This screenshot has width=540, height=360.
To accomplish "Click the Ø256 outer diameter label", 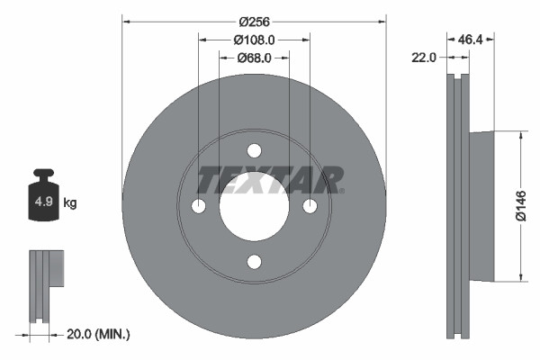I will [254, 21].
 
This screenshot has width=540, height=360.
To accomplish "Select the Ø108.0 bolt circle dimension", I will [254, 40].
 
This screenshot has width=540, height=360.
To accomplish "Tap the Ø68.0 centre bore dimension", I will [254, 58].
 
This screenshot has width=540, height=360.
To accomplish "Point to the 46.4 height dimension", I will [472, 40].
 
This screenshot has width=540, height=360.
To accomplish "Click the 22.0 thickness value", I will [423, 58].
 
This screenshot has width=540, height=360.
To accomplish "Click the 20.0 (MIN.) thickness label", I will [99, 334].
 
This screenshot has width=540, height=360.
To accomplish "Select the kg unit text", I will [70, 203].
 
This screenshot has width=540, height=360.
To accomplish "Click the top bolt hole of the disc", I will [254, 150].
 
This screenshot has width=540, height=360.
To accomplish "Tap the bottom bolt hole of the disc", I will [254, 262].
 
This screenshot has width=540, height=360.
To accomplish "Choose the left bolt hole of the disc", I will [198, 206].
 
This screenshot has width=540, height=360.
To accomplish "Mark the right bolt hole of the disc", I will [310, 206].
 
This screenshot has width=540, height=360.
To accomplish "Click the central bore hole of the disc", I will [254, 206].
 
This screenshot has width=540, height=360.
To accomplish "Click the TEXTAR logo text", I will [270, 179].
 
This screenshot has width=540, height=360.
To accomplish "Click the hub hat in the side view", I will [481, 206].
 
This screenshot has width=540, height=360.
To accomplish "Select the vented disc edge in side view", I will [459, 206].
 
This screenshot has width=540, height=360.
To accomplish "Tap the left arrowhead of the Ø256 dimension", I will [125, 21].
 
